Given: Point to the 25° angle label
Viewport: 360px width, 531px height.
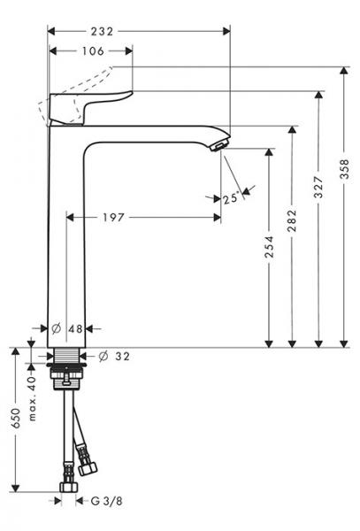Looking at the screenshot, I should pos(232,199).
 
